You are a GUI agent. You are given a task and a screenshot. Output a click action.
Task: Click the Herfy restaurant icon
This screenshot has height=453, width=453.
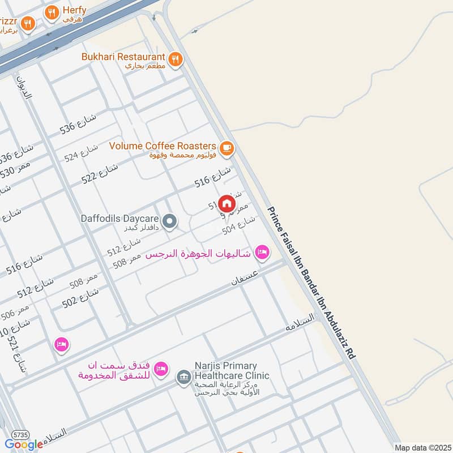coord(52,12)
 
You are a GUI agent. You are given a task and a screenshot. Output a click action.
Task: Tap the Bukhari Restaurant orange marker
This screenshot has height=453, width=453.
coord(176,58)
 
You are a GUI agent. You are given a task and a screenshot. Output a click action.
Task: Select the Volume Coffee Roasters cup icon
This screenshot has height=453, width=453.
coord(226,148)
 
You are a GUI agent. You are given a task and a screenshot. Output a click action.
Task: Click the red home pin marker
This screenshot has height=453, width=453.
coord(226,203)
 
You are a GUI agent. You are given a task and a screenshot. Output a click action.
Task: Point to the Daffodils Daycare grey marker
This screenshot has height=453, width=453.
coord(169,221)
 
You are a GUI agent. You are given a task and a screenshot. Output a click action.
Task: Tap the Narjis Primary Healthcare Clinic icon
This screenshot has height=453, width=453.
coord(183,375)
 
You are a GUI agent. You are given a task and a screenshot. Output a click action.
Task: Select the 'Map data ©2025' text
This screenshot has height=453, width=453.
coord(422,447)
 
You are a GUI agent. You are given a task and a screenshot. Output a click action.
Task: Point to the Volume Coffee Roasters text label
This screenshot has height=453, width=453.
coord(163,146)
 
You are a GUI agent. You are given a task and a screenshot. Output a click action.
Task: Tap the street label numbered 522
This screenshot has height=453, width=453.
coord(99,171)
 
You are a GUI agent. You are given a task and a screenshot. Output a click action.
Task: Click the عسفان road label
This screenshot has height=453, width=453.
coord(245,278)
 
